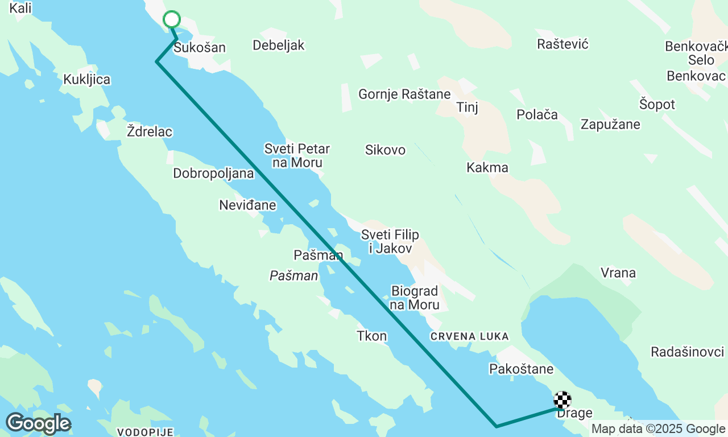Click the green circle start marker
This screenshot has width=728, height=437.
coord(172,19)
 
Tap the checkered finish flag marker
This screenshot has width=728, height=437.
coord(562,400)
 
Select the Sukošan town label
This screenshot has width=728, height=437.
coord(200,48)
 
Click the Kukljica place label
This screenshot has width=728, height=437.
coord(87,80)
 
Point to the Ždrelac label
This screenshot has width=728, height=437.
coord(150,132)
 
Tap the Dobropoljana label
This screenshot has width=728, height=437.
coord(213,174)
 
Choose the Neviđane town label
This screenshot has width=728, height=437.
coord(247,205)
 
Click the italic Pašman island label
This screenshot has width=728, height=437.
coord(293,276)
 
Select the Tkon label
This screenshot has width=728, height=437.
coord(372,336)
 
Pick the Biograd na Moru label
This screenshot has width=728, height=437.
coord(415,298)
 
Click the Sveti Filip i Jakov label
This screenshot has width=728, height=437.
coord(390,241)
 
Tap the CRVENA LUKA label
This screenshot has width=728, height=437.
coord(470,337)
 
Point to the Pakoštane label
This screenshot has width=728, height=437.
coord(521,369)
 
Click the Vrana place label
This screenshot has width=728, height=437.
coord(618,273)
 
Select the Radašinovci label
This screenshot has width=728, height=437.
coord(688,352)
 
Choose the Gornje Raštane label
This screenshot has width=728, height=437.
coord(404,94)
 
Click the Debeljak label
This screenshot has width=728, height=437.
coord(279,46)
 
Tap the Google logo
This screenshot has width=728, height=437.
coord(38,424)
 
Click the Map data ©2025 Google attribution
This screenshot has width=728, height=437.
coord(658,429)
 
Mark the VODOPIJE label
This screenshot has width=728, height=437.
coord(144,432)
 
